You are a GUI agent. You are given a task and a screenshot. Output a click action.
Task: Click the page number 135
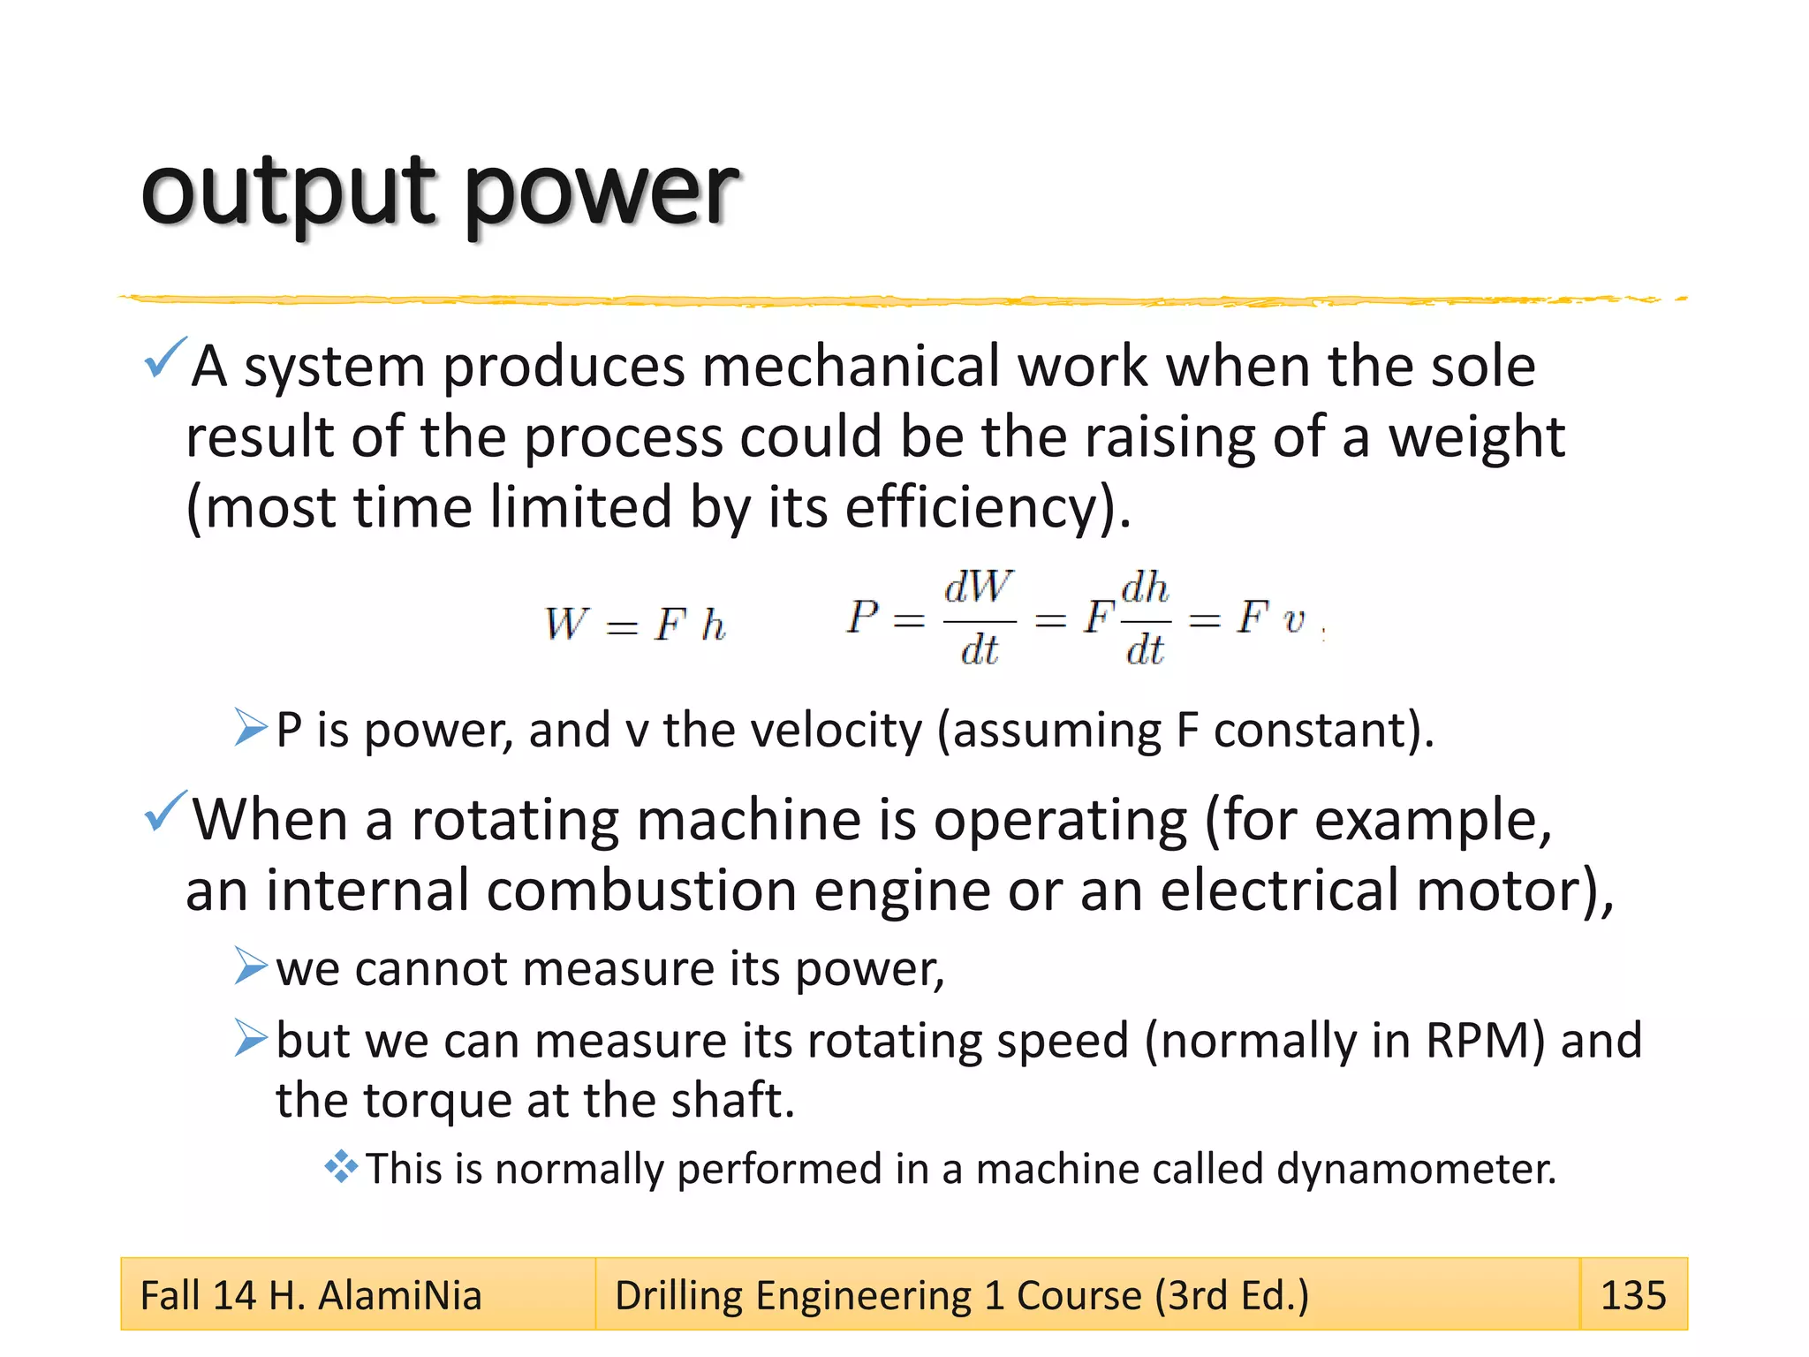coord(1632,1295)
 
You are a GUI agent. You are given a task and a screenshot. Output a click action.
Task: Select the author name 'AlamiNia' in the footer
coord(399,1295)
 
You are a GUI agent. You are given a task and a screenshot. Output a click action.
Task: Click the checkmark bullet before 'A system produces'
coord(164,358)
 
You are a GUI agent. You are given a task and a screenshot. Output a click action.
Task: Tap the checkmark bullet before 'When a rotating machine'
coord(164,811)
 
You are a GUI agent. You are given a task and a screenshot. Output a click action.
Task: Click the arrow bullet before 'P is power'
coord(251,727)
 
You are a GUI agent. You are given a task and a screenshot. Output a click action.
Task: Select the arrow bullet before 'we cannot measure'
coord(251,966)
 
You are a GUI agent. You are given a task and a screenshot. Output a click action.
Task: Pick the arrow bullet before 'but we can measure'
coord(251,1037)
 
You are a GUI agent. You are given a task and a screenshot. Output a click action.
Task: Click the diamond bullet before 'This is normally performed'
coord(341,1167)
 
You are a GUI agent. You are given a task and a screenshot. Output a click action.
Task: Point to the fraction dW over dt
coord(979,618)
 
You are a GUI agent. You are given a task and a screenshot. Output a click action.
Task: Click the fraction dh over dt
coord(1145,618)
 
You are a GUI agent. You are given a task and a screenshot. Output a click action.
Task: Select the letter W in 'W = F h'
coord(564,624)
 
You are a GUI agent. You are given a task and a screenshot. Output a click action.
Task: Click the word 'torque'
coord(436,1101)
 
